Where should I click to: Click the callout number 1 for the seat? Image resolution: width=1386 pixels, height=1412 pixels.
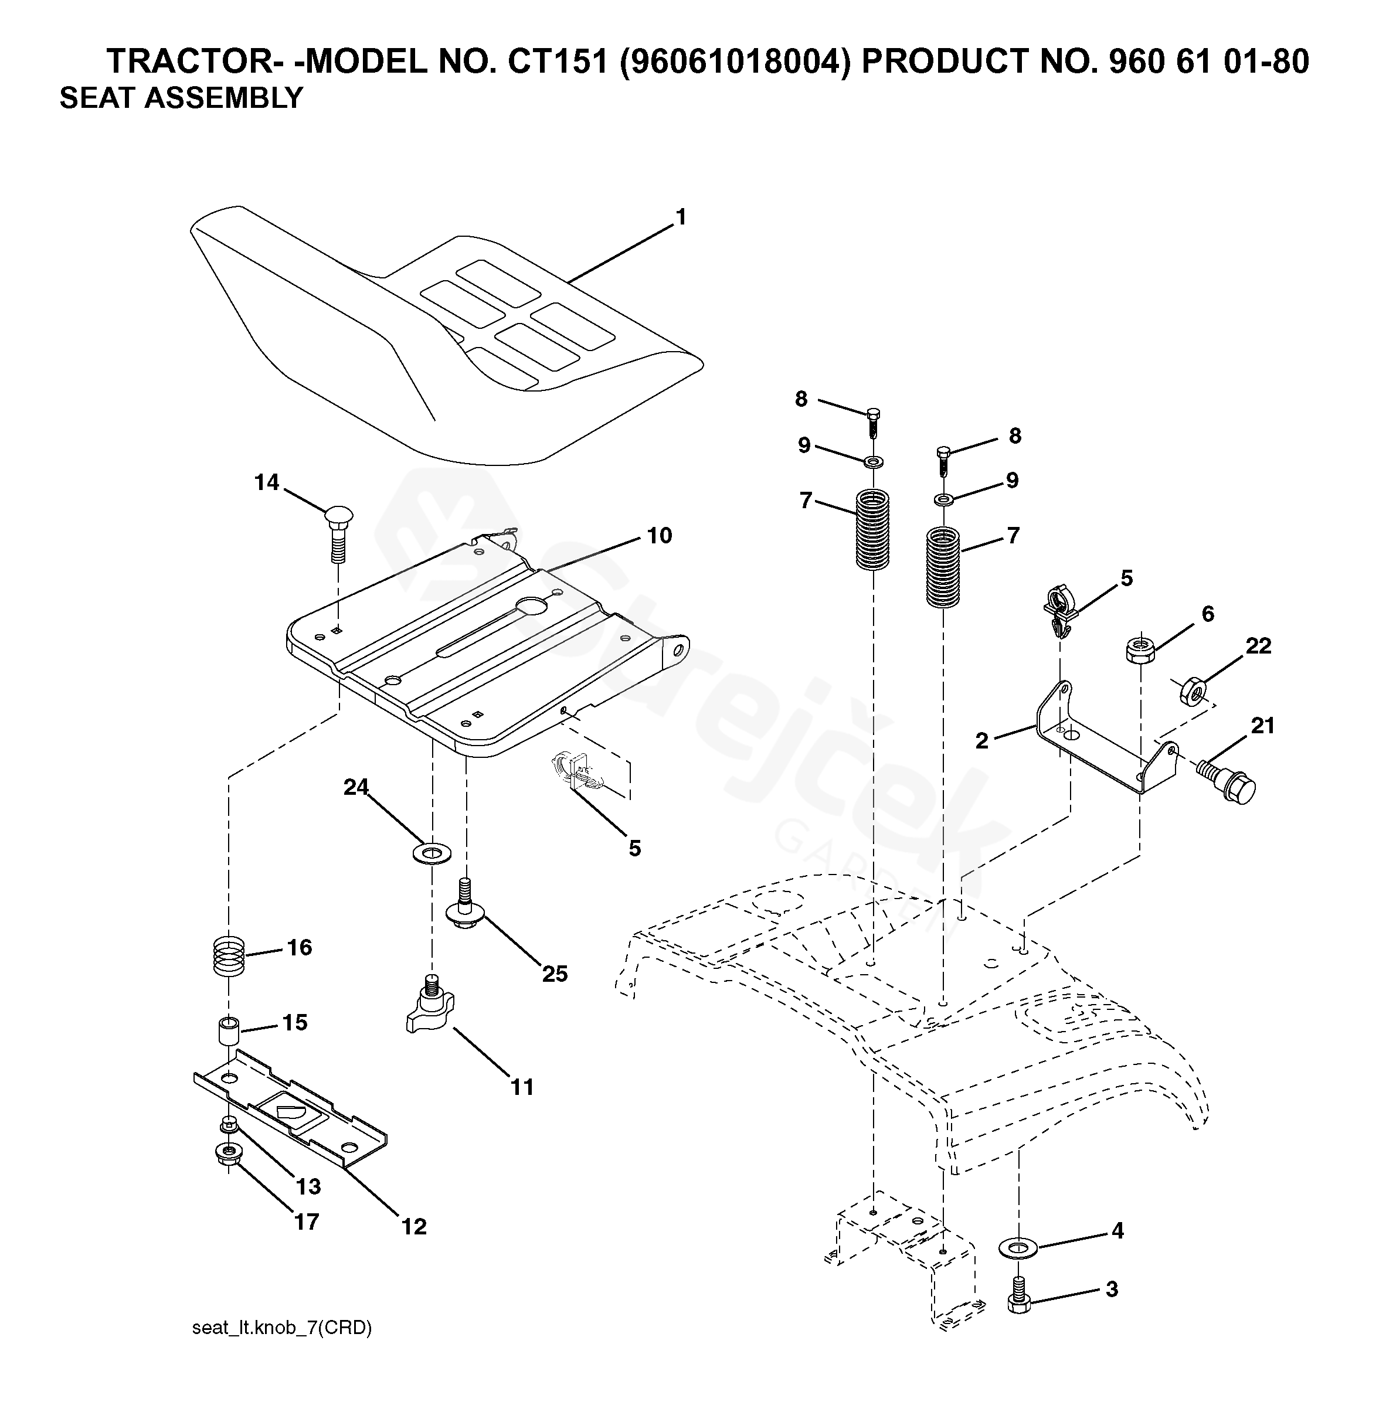click(681, 217)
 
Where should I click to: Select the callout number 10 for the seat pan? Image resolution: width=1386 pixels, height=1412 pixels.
click(659, 536)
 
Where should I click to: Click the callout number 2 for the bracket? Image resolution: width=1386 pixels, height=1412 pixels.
click(982, 741)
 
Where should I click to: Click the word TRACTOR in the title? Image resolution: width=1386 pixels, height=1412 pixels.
click(190, 62)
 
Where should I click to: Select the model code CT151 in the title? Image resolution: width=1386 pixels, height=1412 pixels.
click(557, 62)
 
